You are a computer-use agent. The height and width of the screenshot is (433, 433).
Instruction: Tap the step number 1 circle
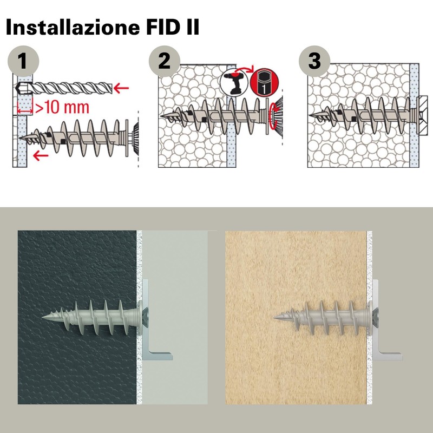pyautogui.click(x=23, y=61)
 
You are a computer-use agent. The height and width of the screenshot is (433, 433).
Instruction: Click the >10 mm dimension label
pyautogui.click(x=62, y=107)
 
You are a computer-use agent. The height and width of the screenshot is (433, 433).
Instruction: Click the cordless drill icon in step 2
pyautogui.click(x=234, y=82)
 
